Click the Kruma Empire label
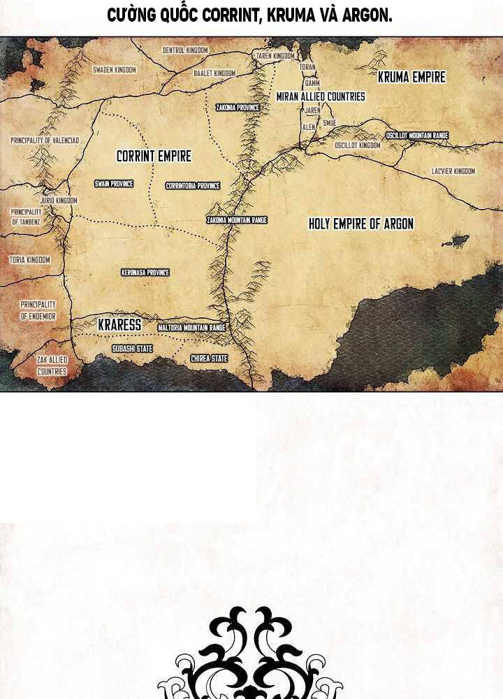click(411, 78)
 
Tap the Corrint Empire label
click(154, 157)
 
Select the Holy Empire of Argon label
click(361, 224)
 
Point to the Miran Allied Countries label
click(321, 96)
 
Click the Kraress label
click(119, 325)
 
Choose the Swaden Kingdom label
click(115, 70)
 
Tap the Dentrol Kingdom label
click(185, 50)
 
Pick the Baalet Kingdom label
click(214, 73)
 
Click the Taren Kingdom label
click(275, 56)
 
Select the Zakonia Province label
click(238, 108)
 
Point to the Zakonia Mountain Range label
click(237, 220)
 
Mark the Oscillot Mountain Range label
click(417, 135)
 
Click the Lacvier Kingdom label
click(453, 171)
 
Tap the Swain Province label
click(114, 184)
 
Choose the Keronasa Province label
click(145, 273)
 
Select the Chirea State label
click(210, 359)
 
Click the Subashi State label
click(132, 348)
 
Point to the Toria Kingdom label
click(30, 260)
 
